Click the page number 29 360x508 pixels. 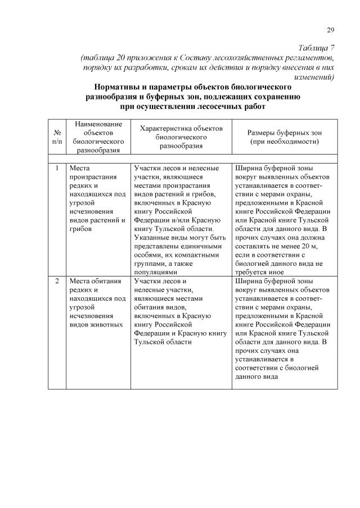point(331,30)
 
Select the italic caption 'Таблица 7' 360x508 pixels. point(314,47)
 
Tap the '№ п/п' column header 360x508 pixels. point(57,137)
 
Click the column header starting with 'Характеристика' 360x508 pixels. point(181,137)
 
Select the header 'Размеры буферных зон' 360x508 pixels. point(284,132)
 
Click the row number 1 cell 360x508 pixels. point(57,168)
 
